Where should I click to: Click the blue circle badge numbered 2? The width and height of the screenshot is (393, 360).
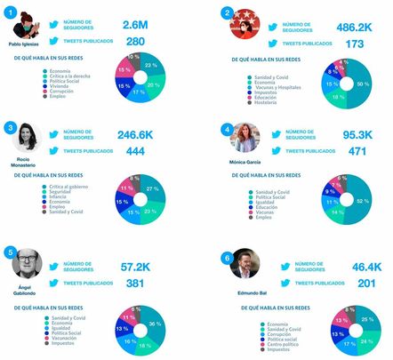228,12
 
